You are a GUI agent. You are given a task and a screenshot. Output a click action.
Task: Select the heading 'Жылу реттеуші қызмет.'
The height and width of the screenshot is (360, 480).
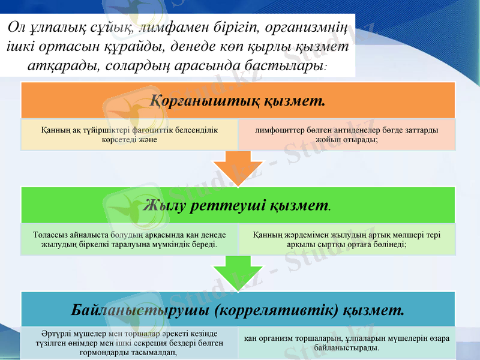(x=238, y=206)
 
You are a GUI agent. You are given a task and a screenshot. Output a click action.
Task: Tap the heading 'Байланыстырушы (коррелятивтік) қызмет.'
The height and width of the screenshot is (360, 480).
(x=238, y=310)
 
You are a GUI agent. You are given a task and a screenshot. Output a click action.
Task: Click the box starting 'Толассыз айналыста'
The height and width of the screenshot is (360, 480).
(x=130, y=239)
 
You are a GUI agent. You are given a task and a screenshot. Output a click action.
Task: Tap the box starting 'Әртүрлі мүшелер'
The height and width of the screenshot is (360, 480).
(x=130, y=343)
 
